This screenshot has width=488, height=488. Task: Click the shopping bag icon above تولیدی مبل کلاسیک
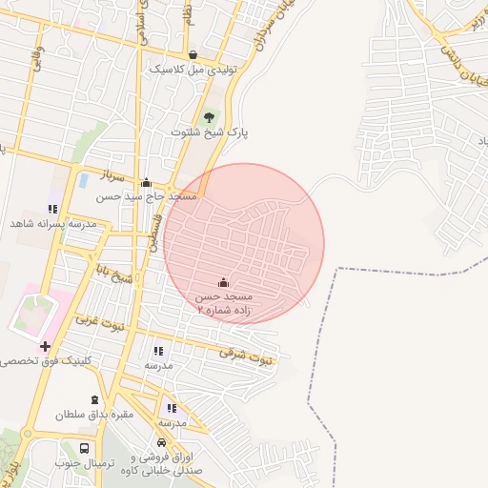[193, 55]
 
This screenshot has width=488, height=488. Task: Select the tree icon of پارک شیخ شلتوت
[209, 117]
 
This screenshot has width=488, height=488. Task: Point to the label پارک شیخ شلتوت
[209, 132]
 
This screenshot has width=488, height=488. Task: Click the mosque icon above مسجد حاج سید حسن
[146, 182]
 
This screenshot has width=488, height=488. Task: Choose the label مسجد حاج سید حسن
[146, 196]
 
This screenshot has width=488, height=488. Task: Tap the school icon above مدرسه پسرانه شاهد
[52, 208]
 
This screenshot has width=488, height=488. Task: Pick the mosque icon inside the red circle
[224, 282]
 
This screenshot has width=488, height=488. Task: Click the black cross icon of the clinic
[45, 345]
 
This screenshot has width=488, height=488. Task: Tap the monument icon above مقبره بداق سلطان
[93, 400]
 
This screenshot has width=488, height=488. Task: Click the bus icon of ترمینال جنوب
[85, 448]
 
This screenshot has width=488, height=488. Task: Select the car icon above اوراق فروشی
[162, 444]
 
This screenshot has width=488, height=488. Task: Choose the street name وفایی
[35, 45]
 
